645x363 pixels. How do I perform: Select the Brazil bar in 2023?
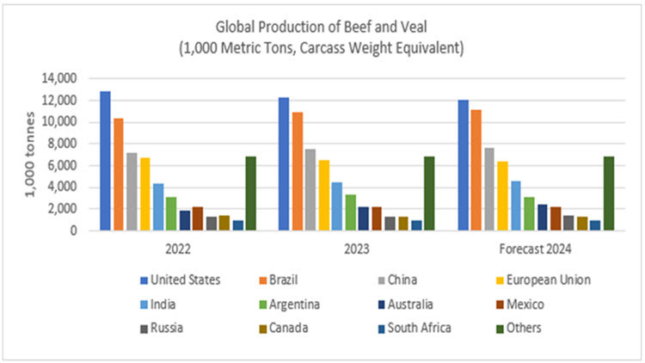297,171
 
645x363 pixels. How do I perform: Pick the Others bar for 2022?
250,194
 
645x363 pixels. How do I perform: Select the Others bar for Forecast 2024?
608,194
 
